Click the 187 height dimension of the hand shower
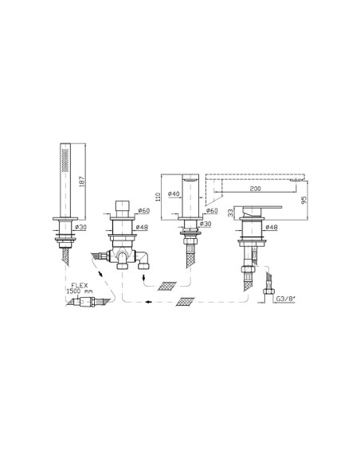pos(82,182)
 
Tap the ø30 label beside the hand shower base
pos(80,227)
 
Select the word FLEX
pos(80,285)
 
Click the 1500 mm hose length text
pos(79,291)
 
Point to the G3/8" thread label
pos(286,299)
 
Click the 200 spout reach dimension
pos(255,189)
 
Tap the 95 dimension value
pos(303,200)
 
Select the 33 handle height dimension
pos(231,213)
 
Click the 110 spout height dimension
pos(158,197)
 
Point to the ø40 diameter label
pos(174,193)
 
